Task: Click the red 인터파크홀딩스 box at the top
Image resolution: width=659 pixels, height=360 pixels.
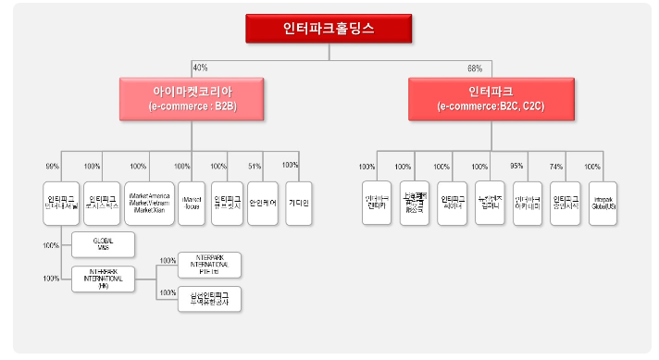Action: click(329, 29)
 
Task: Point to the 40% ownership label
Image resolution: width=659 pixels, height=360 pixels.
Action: click(199, 68)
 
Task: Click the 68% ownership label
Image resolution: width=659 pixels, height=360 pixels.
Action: click(475, 68)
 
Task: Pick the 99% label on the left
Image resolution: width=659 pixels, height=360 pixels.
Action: click(52, 167)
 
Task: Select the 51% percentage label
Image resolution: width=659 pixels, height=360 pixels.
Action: click(255, 167)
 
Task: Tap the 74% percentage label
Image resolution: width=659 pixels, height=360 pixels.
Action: click(556, 167)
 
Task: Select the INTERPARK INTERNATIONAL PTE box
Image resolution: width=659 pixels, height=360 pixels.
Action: click(209, 264)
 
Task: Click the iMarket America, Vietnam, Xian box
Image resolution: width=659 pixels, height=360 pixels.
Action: click(148, 203)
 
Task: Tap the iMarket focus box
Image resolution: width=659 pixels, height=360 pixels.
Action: click(193, 203)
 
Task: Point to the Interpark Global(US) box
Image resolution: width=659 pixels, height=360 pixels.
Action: click(603, 203)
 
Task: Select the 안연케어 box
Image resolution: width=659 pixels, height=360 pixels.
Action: click(263, 203)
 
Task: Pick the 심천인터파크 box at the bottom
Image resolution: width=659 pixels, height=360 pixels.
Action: click(209, 298)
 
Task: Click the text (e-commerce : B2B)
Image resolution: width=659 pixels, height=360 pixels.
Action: click(191, 106)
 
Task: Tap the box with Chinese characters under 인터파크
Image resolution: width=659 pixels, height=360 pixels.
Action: click(414, 203)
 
